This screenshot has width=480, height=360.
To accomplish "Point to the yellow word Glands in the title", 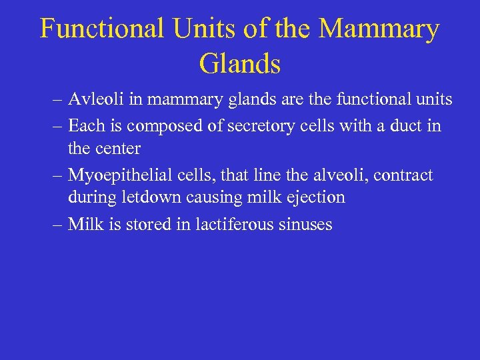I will [x=239, y=63].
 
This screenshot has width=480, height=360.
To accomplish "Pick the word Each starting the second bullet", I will [x=84, y=125].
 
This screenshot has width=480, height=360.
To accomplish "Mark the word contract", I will [x=403, y=175].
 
